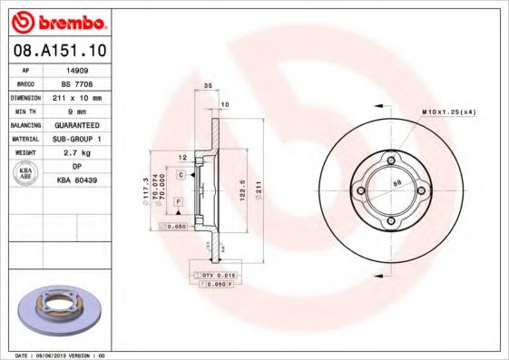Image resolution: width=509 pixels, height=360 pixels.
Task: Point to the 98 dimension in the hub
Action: [x=396, y=183]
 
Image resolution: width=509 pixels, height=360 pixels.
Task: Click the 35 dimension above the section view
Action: [x=208, y=85]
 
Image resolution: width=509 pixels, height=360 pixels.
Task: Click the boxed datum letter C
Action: [x=181, y=173]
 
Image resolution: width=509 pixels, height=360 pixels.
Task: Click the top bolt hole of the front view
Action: [x=391, y=162]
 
